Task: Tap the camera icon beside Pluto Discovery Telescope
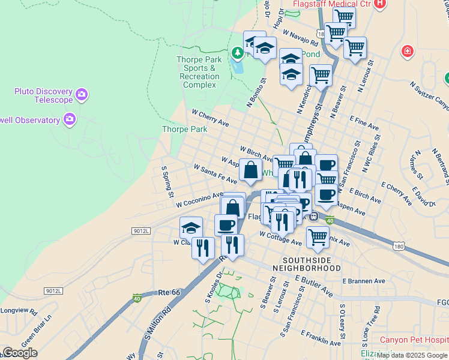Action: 82,94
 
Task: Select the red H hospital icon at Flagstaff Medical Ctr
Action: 379,4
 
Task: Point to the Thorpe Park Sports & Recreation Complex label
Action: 199,72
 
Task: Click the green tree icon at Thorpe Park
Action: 238,53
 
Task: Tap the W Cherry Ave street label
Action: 210,118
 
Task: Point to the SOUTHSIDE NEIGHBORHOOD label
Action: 307,263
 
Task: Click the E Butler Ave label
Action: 314,286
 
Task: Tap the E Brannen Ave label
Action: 363,281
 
